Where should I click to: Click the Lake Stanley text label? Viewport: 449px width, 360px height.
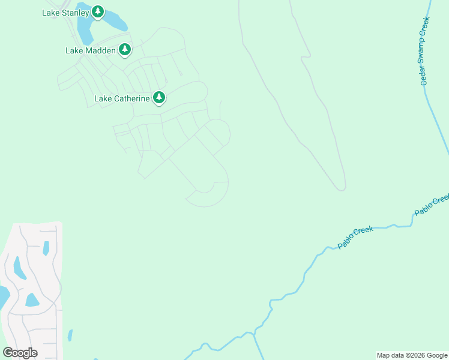[65, 12]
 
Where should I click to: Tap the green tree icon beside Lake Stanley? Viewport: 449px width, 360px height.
[98, 12]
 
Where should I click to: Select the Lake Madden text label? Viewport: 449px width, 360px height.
[90, 50]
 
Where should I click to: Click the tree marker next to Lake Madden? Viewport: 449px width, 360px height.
[124, 50]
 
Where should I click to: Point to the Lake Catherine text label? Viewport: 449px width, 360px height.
[122, 98]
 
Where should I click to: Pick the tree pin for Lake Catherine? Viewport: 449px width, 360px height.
[158, 97]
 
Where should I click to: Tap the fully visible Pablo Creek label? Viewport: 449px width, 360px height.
[355, 237]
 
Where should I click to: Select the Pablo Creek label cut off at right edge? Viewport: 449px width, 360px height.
[432, 204]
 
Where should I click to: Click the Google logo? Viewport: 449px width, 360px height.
[20, 352]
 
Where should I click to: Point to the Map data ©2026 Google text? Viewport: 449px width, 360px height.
[412, 355]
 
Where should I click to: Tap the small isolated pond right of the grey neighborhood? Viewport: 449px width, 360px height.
[70, 335]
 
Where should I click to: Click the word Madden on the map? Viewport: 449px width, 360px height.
[100, 50]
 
